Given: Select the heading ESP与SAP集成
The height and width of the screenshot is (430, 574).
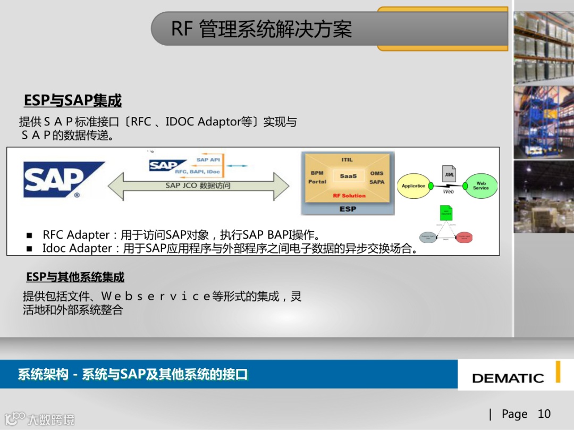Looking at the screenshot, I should click(73, 100).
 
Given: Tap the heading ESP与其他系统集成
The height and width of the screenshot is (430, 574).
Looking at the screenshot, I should click(75, 277).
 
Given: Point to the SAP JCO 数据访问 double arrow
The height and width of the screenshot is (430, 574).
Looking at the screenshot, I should click(198, 186).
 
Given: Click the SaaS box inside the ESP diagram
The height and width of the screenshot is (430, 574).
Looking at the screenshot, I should click(348, 176).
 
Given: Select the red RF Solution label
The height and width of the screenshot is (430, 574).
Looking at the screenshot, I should click(349, 196).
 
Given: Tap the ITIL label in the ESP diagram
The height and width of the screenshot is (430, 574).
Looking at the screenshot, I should click(347, 159).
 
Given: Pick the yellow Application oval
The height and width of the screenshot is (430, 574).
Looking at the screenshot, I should click(413, 186).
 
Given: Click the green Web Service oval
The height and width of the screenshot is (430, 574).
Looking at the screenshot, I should click(480, 186).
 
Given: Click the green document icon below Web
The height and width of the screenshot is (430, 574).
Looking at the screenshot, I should click(446, 213).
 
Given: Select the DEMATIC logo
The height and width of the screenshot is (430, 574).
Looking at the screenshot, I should click(508, 378).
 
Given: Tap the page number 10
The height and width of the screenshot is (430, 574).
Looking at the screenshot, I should click(544, 414).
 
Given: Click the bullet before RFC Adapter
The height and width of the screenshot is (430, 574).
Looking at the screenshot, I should click(30, 235).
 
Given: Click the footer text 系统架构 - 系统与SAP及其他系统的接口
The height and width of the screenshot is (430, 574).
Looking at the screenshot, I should click(133, 374).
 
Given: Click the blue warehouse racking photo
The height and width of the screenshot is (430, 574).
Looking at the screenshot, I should click(543, 122).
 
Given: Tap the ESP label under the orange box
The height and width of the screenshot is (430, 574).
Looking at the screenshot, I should click(348, 209).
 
